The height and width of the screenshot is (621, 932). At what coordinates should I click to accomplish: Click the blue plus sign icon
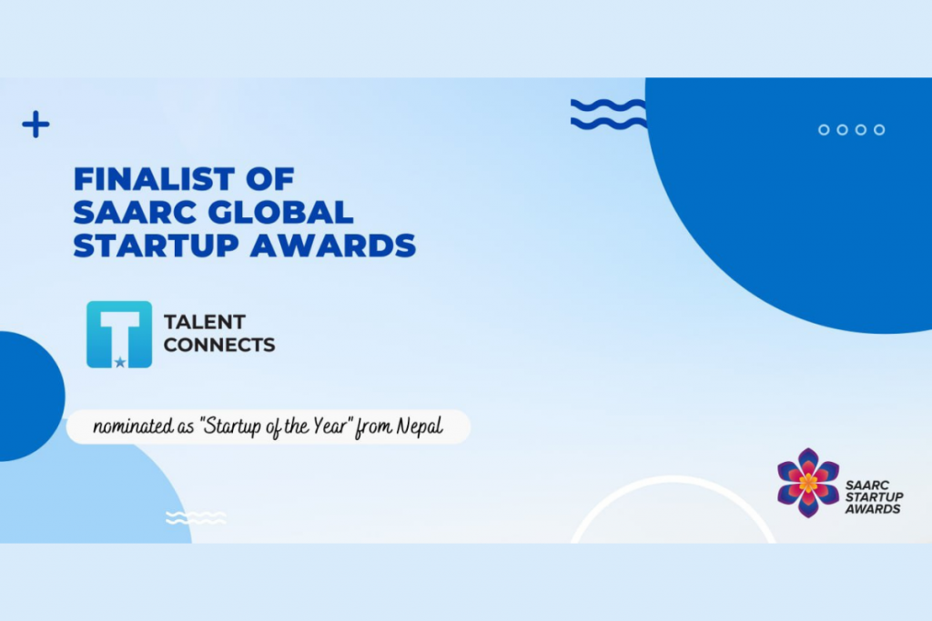(35, 125)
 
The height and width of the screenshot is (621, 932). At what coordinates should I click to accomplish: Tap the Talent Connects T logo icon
(119, 334)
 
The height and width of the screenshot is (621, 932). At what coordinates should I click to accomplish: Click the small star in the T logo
(120, 362)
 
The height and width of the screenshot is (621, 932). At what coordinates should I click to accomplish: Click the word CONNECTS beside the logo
(218, 346)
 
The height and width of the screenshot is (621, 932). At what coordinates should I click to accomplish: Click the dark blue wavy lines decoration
(608, 114)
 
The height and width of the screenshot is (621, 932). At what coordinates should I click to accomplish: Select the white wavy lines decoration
(196, 517)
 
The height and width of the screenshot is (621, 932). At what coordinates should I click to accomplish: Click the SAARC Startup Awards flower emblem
(808, 483)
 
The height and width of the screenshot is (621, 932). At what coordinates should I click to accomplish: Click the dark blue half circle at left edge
(27, 396)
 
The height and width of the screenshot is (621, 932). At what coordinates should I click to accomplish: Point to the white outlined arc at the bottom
(674, 486)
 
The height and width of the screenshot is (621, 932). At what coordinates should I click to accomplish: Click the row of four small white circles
(851, 130)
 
